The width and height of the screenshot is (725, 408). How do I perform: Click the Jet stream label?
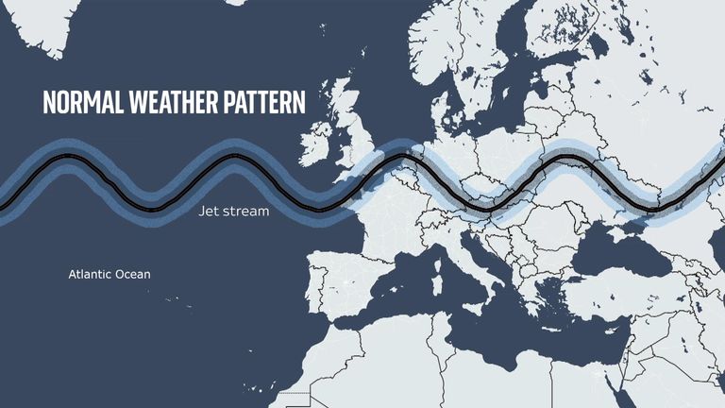[x=233, y=212]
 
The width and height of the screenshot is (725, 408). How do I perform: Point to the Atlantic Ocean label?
[x=110, y=275]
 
